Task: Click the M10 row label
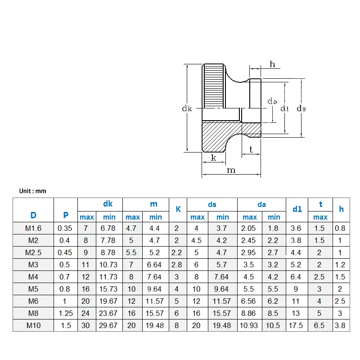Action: click(x=33, y=325)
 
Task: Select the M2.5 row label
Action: click(x=33, y=252)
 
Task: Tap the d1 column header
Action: click(x=297, y=209)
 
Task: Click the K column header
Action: click(x=178, y=209)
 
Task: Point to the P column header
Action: click(x=66, y=215)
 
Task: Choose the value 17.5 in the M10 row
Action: click(x=296, y=325)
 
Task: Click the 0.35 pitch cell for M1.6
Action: click(x=65, y=228)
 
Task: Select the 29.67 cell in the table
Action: click(x=108, y=325)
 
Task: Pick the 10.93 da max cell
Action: click(x=249, y=325)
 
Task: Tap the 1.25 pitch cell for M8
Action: click(x=66, y=313)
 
